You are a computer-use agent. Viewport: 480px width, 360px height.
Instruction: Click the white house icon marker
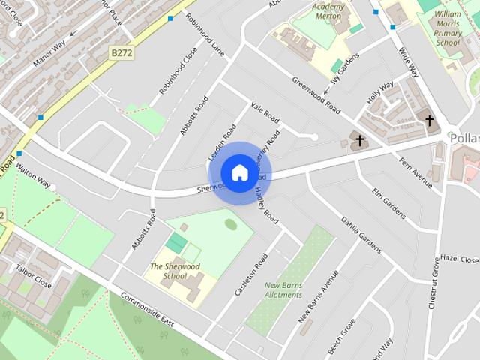pyautogui.click(x=239, y=172)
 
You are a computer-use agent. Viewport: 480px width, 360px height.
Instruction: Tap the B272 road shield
pyautogui.click(x=121, y=52)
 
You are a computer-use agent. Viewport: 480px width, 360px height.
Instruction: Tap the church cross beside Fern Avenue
pyautogui.click(x=359, y=140)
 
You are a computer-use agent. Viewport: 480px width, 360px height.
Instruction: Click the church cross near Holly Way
pyautogui.click(x=429, y=120)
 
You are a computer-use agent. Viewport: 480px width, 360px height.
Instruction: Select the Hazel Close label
pyautogui.click(x=459, y=259)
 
